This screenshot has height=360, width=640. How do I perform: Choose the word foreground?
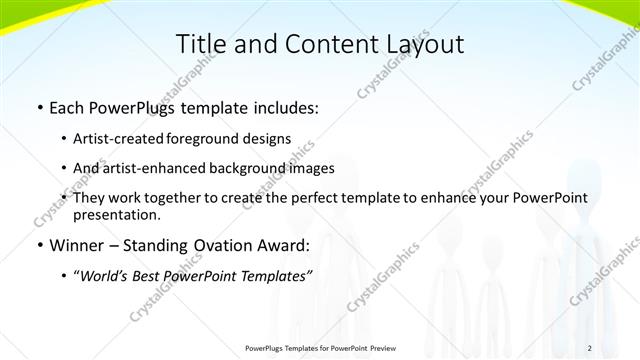[216, 139]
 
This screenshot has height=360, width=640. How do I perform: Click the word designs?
[271, 139]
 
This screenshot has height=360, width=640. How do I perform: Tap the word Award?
[279, 245]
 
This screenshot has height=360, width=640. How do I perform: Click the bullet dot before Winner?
[39, 246]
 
